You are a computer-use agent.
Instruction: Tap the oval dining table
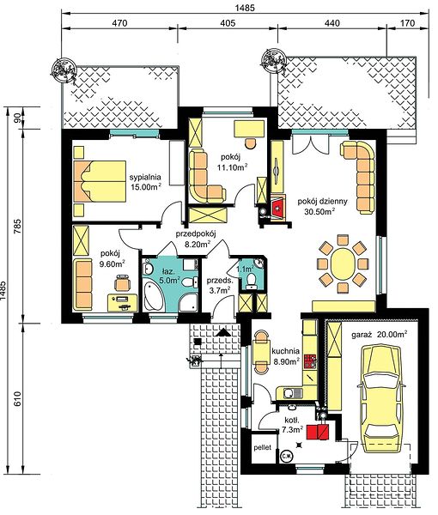tap(343, 264)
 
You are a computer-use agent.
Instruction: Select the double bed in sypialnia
tap(100, 181)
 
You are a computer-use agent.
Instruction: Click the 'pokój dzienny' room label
tap(322, 202)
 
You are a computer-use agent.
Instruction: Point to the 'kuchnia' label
tap(285, 351)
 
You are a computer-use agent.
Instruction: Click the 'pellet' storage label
tap(263, 447)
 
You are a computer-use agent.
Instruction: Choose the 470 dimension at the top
tap(119, 23)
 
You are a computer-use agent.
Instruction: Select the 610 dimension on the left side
tap(17, 398)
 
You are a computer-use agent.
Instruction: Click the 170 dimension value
tap(408, 23)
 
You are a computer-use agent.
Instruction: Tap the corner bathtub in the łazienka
tap(153, 296)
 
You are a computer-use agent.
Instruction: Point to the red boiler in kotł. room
tap(318, 431)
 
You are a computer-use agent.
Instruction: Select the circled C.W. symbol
tap(285, 457)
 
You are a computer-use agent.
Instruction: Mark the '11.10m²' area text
tap(232, 167)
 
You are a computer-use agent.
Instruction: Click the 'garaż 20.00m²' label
tap(380, 335)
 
